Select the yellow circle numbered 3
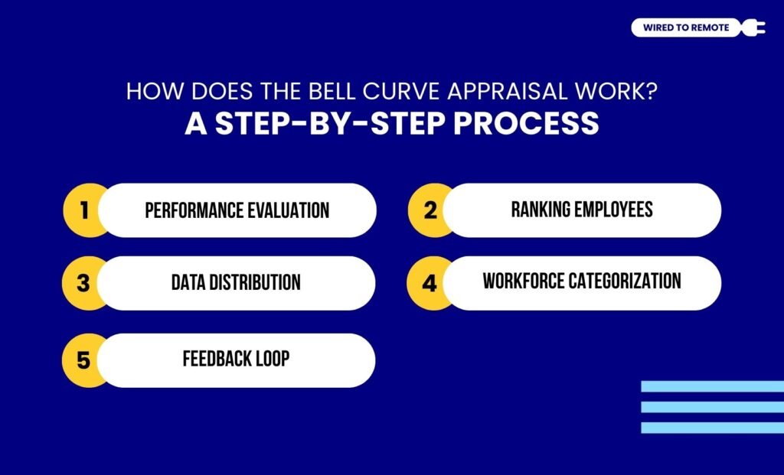pos(83,283)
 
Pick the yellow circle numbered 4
pos(429,283)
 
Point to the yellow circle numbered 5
pos(83,360)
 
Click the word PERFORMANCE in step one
pos(188,210)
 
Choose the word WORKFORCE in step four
pos(523,281)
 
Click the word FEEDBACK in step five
pos(217,358)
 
